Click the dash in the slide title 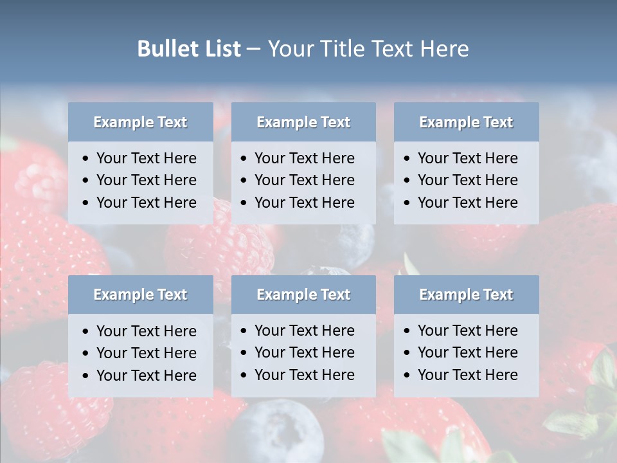[x=253, y=50]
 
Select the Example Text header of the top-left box [x=140, y=122]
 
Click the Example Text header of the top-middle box [x=303, y=122]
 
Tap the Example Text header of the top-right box [x=466, y=122]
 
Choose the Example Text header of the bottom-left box [x=140, y=295]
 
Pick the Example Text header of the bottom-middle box [x=303, y=295]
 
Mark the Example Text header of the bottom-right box [x=466, y=295]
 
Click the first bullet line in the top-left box [x=146, y=158]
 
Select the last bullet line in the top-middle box [x=304, y=203]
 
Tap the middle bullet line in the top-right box [x=467, y=180]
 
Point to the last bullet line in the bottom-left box [x=146, y=376]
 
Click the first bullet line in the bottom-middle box [x=304, y=331]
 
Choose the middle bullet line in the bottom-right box [x=467, y=352]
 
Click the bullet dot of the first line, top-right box [x=407, y=159]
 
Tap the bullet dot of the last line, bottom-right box [x=407, y=376]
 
